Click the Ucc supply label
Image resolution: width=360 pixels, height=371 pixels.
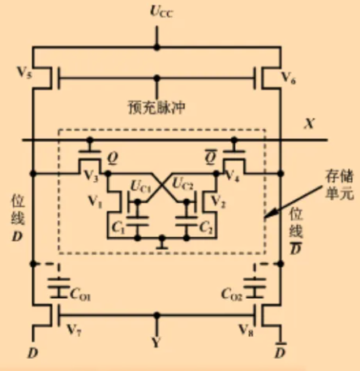[161, 12]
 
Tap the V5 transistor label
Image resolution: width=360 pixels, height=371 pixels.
[24, 72]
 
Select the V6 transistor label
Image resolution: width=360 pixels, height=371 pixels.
[289, 78]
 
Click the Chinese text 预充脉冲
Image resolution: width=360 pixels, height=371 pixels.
[156, 107]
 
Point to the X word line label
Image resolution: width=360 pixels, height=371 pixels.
[309, 123]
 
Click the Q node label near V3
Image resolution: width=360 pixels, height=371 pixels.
[113, 158]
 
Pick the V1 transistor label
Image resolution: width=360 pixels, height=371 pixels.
[95, 201]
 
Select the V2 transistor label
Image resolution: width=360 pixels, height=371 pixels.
[218, 201]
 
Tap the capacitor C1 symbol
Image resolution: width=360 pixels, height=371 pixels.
[138, 221]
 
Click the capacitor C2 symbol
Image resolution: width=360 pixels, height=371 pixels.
[186, 221]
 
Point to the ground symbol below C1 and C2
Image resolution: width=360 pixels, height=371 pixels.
[161, 244]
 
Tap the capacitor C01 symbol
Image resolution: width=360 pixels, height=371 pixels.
[59, 288]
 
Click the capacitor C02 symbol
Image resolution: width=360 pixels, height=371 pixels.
[254, 288]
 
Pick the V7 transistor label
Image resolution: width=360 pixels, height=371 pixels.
[74, 330]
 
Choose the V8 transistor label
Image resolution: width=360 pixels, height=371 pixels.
[246, 330]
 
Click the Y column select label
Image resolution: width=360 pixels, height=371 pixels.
[156, 343]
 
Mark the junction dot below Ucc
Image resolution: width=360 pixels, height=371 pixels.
[156, 47]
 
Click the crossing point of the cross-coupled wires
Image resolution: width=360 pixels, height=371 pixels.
[161, 185]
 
